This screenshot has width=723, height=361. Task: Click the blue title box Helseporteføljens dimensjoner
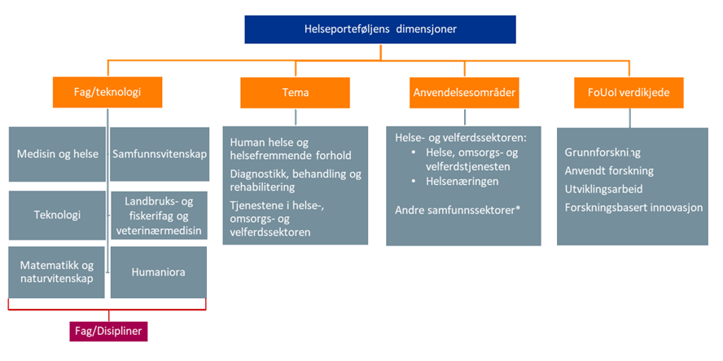(x=379, y=29)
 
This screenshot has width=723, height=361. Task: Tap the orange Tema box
(x=294, y=92)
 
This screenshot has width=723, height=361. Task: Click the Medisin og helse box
(x=55, y=154)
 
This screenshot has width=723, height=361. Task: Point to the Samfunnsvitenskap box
(x=159, y=154)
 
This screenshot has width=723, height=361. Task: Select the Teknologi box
(x=55, y=215)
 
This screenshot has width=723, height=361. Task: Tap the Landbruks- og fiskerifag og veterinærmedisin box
(x=159, y=215)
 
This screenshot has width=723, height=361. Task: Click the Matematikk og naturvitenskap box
(x=55, y=272)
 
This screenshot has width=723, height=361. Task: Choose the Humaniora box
(x=159, y=272)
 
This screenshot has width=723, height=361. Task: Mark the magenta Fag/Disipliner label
(x=108, y=332)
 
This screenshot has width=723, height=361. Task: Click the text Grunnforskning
(x=602, y=152)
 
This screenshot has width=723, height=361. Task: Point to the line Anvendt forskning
(x=609, y=171)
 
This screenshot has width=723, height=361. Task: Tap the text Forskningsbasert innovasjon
(x=633, y=207)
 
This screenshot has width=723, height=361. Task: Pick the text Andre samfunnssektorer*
(x=457, y=210)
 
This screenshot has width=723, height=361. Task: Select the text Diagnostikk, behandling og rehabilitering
(x=296, y=180)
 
